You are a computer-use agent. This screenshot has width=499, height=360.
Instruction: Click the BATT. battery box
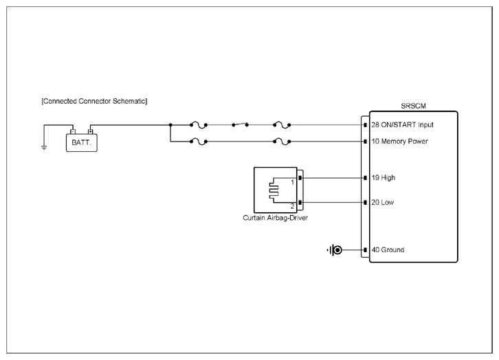(82, 143)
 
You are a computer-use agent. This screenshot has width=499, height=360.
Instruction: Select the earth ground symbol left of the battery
(44, 148)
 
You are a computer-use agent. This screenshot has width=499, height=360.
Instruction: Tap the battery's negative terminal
(73, 131)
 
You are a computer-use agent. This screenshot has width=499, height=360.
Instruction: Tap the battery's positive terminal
(90, 131)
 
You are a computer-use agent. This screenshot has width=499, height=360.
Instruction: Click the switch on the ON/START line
(241, 124)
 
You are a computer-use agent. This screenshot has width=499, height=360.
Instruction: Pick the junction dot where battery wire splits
(170, 125)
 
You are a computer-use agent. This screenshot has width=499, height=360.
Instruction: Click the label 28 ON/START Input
(402, 124)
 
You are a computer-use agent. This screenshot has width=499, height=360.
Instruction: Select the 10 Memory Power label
(399, 142)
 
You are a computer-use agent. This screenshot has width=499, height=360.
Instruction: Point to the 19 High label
(383, 178)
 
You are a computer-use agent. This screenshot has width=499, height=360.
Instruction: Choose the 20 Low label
(383, 202)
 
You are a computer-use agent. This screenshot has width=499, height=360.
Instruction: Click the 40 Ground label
(388, 250)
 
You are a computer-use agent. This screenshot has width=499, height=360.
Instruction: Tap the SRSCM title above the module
(413, 106)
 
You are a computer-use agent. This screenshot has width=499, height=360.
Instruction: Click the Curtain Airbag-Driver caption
(276, 218)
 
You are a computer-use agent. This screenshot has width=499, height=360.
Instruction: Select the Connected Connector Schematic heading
(94, 101)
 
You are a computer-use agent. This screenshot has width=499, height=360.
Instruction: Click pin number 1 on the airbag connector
(293, 183)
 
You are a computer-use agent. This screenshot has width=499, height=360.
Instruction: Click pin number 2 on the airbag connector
(293, 206)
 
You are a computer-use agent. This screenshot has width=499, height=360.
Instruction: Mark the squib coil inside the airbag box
(274, 190)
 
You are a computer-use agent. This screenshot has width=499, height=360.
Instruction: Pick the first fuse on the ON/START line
(198, 125)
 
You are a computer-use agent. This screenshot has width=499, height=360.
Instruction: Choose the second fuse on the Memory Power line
(282, 142)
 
